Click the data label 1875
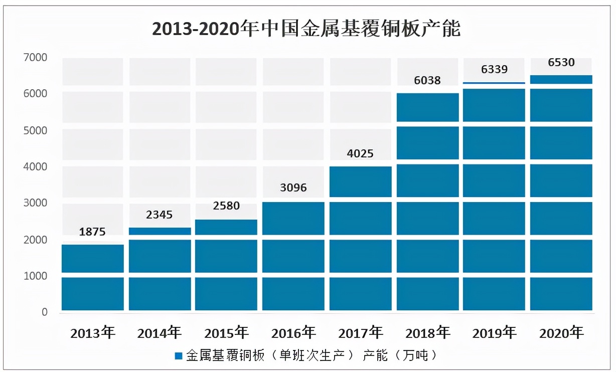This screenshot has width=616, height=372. (x=93, y=232)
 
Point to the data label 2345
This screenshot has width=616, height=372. (x=160, y=215)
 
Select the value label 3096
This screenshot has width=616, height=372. (x=293, y=188)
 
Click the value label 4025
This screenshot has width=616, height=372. (x=360, y=153)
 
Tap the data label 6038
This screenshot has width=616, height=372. (x=427, y=80)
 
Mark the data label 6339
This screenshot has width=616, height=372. (x=495, y=69)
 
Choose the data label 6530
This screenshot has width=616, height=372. (x=561, y=63)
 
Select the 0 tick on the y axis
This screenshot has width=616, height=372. (x=45, y=312)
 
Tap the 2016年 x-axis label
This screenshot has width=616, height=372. (x=293, y=332)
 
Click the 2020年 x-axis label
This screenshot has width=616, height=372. (x=561, y=332)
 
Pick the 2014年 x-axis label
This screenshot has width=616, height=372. (x=160, y=332)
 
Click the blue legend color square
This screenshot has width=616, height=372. (x=178, y=356)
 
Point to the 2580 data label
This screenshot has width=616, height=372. (x=226, y=206)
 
